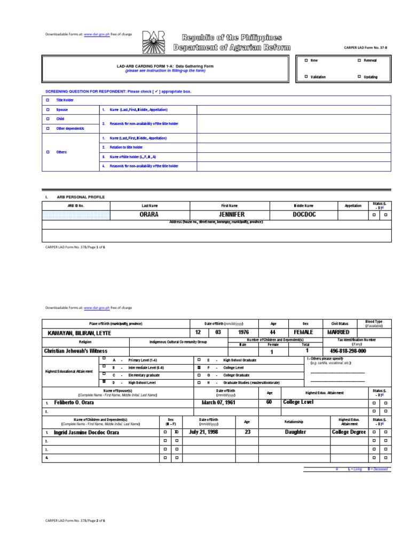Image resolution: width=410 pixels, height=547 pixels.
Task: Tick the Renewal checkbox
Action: tap(359, 61)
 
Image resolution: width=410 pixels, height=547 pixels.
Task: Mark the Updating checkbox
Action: tap(359, 77)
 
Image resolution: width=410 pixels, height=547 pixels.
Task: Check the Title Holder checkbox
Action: tap(47, 100)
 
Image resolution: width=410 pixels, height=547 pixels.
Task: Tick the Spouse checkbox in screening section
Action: tap(47, 110)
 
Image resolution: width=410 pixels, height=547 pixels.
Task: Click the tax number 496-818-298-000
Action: tap(348, 351)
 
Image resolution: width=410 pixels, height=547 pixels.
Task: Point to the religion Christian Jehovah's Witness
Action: tap(75, 351)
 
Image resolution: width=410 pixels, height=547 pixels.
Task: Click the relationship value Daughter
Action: tap(295, 432)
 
